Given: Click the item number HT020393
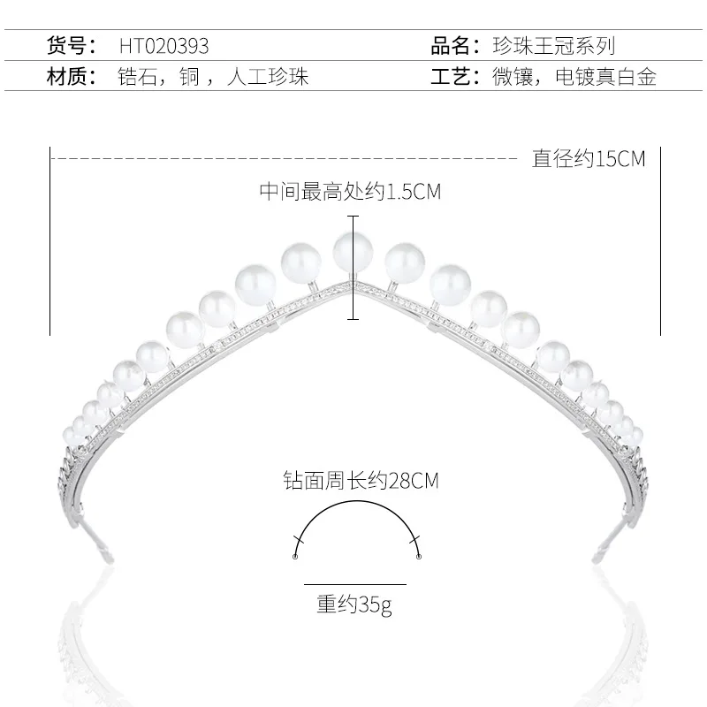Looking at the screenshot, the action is tap(164, 45).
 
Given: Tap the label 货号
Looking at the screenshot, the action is tap(70, 45).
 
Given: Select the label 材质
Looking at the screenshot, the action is tap(70, 77).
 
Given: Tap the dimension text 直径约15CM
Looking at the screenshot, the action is tap(589, 159).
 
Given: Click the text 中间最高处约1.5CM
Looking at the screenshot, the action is tap(349, 192).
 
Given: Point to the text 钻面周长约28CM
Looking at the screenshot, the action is tap(356, 482).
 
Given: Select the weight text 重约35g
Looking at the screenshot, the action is tap(353, 605).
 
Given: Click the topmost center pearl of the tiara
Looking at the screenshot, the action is tap(351, 252).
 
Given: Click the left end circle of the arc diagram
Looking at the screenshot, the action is tap(295, 556).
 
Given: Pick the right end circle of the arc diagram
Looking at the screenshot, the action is tap(418, 556).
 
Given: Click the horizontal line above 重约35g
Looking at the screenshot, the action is tap(354, 584).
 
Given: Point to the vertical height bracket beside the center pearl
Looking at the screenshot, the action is tap(354, 267).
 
